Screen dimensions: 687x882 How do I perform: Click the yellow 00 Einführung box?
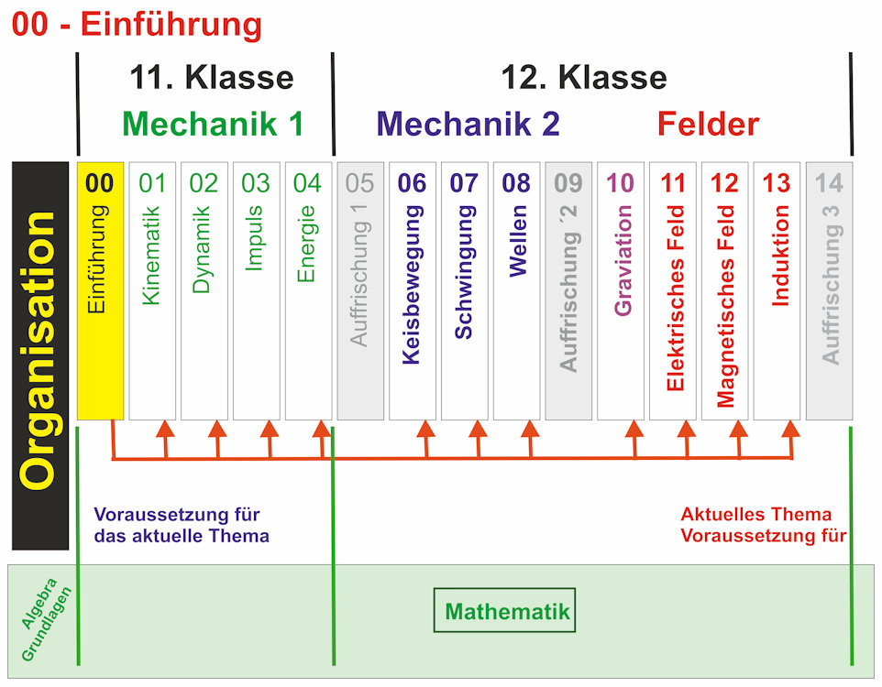(100, 291)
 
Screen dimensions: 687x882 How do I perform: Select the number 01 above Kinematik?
(152, 183)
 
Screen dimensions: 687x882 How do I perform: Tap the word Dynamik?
(204, 249)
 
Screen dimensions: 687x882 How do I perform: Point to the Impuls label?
(256, 238)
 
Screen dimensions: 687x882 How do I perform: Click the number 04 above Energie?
(308, 183)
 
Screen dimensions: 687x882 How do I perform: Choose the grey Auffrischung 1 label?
(360, 275)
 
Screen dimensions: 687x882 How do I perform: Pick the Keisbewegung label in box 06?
(413, 285)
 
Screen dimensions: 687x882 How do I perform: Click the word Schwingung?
(465, 272)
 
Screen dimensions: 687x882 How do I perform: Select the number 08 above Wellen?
(517, 183)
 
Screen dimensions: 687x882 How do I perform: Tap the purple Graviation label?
(622, 260)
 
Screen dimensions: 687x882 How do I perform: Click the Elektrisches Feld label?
(674, 298)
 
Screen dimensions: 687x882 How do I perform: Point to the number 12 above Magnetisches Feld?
(725, 183)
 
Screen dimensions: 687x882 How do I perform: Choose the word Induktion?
(778, 256)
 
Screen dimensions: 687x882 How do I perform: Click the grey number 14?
(830, 183)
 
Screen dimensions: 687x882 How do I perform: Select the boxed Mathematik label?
(506, 611)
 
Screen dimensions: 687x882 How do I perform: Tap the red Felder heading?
(708, 124)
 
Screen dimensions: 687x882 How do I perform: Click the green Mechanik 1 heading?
(212, 124)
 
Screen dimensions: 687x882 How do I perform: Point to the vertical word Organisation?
(40, 353)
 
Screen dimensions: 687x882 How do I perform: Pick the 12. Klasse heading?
(583, 77)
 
